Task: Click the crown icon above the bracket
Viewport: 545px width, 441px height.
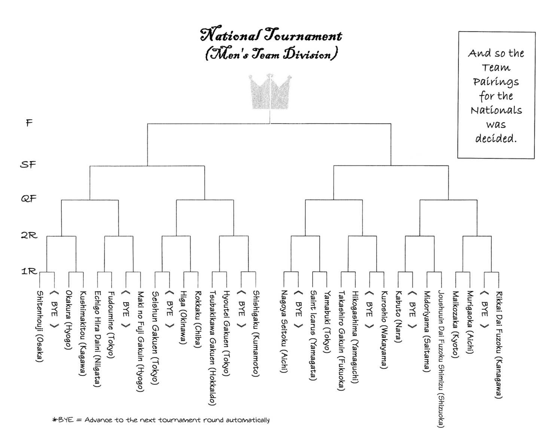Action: point(270,92)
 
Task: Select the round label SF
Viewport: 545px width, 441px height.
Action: point(28,164)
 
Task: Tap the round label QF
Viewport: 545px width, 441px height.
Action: point(28,198)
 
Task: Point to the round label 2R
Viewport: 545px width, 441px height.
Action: point(29,235)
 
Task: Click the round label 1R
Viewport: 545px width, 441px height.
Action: point(29,271)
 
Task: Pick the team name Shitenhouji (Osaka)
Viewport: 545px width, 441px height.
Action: point(39,326)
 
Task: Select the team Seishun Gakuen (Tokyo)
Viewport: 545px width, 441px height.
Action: point(155,337)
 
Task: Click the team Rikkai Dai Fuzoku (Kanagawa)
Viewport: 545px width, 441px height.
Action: point(499,344)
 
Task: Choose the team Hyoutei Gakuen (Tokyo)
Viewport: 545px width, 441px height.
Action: point(226,333)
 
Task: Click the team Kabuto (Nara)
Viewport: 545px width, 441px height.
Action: point(398,316)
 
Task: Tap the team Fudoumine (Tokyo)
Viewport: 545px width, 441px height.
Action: point(111,324)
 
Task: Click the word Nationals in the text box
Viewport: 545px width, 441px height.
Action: point(496,110)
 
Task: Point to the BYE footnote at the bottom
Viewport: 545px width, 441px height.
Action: point(161,420)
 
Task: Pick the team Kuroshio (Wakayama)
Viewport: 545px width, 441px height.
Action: point(384,330)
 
